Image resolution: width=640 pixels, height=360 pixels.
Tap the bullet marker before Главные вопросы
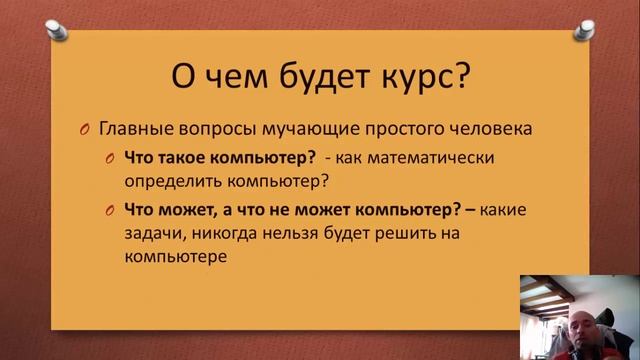point(86,130)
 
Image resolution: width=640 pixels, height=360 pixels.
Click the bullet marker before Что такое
point(110,158)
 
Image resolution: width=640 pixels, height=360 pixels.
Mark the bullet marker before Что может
point(110,210)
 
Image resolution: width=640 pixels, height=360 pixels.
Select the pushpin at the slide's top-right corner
point(582,24)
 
